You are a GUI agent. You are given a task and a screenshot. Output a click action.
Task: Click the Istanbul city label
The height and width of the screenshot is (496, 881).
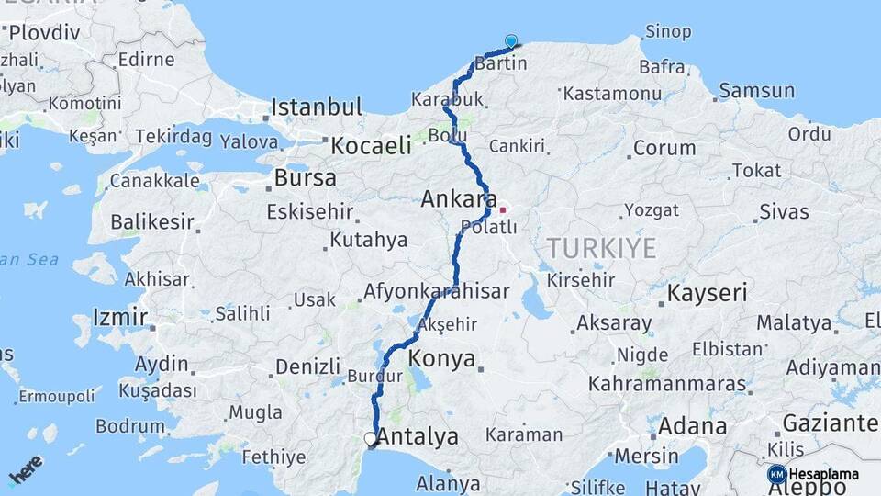point(317,106)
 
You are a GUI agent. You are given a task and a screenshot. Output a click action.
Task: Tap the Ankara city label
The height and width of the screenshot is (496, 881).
point(459,198)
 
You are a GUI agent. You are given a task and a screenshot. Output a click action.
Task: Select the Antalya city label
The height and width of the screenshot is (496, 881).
point(418,437)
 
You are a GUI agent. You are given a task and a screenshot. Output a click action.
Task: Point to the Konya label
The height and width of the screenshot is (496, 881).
point(442,357)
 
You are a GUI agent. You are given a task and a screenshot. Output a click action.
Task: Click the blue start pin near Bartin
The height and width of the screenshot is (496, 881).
point(511,41)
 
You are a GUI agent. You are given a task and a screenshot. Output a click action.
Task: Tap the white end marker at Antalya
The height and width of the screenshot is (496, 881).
point(371,440)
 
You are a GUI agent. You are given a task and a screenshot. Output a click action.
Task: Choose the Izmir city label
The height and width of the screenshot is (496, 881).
point(119,317)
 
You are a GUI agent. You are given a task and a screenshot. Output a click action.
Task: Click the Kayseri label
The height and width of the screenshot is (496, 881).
point(707,293)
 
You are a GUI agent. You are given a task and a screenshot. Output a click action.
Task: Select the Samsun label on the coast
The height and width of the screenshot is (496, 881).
point(756,90)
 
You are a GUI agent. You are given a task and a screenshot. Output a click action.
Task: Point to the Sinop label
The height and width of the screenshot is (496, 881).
point(667,31)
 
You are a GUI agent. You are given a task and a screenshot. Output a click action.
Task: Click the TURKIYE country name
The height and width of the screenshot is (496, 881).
point(602,247)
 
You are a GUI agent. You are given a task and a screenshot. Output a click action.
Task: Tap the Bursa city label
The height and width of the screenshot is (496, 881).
point(305,177)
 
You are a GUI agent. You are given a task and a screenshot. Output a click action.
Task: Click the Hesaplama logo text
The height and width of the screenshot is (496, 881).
point(823,475)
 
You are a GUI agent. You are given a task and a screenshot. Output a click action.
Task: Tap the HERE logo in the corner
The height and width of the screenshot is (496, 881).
point(25,468)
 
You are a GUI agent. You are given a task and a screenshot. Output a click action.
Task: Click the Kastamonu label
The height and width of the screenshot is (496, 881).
point(612,93)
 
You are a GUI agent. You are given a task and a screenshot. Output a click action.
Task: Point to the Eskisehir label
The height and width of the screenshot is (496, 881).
point(309,211)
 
